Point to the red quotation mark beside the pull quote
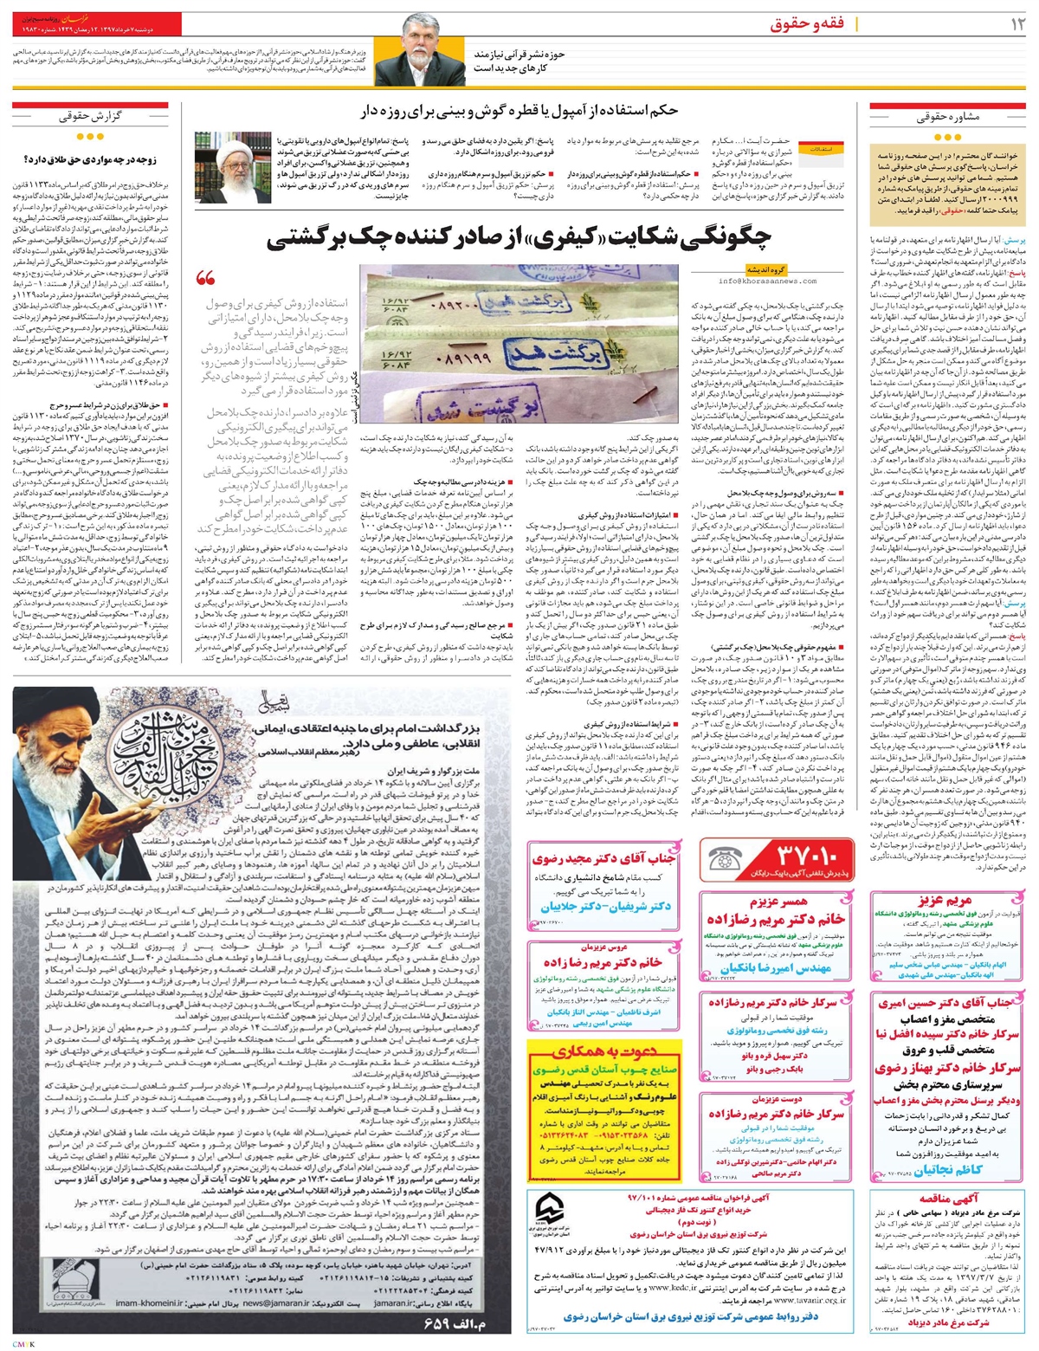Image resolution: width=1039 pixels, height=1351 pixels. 205,279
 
